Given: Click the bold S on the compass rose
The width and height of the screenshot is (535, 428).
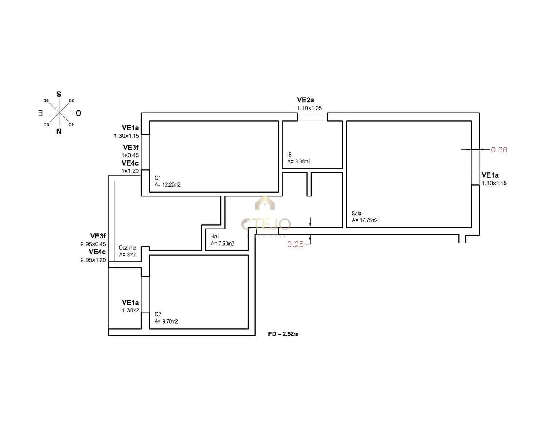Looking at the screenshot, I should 59,94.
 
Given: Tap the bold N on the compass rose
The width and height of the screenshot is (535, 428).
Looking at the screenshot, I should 59,132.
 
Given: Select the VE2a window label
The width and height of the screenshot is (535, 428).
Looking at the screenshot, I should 305,100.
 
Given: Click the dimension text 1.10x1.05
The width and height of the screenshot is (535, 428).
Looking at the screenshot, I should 309,108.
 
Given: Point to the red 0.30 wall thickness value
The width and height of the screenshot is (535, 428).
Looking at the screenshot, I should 499,150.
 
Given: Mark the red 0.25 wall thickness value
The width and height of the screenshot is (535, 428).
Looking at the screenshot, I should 295,244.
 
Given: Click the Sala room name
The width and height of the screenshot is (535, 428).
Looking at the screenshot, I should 357,213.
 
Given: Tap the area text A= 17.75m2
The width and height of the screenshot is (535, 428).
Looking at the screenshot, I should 365,220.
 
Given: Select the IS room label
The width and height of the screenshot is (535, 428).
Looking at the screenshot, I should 290,155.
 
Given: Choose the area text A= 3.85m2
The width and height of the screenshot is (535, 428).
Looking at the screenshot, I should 299,162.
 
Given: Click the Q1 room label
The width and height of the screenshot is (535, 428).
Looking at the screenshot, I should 158,178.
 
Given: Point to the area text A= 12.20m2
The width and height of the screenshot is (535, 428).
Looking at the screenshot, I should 167,185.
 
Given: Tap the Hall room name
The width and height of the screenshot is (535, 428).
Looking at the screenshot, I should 214,236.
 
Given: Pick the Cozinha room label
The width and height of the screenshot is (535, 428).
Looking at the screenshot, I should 128,247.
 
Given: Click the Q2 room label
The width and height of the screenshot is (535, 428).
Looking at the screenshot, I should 158,314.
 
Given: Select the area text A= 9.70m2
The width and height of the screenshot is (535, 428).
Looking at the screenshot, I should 166,321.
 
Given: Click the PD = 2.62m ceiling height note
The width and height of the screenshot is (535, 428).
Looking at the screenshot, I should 283,334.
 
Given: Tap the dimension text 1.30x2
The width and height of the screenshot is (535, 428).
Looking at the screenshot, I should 130,311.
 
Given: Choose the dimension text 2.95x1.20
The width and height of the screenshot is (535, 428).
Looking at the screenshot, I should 93,260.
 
